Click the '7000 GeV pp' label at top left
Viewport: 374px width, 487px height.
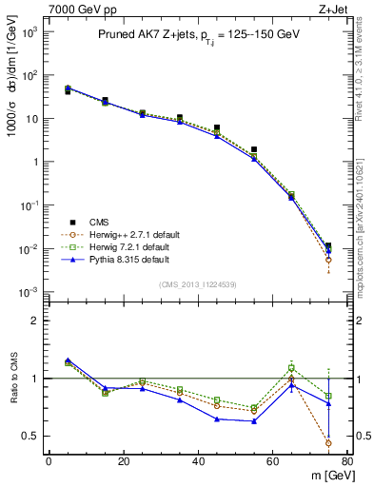pyautogui.click(x=39, y=9)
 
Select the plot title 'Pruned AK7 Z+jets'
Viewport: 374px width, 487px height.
pyautogui.click(x=144, y=34)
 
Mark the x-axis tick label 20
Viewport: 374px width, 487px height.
pyautogui.click(x=123, y=461)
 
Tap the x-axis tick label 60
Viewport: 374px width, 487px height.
pyautogui.click(x=272, y=461)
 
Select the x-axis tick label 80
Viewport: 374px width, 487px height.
pyautogui.click(x=346, y=461)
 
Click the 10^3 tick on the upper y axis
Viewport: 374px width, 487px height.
pyautogui.click(x=29, y=31)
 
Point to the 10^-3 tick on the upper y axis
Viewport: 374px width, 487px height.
pyautogui.click(x=29, y=292)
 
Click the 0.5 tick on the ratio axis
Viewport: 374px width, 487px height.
pyautogui.click(x=30, y=436)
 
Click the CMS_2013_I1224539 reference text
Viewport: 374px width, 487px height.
pyautogui.click(x=198, y=283)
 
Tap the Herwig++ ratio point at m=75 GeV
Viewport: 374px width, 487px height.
pyautogui.click(x=328, y=443)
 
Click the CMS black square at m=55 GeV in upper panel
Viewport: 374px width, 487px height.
pyautogui.click(x=254, y=149)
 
